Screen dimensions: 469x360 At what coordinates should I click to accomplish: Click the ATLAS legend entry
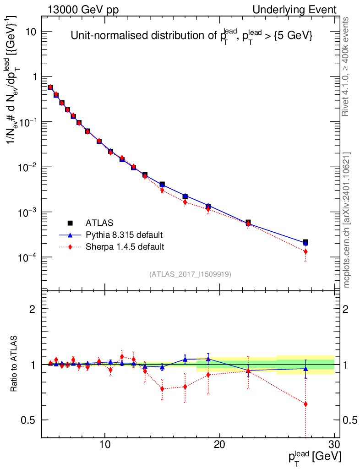[x=98, y=223]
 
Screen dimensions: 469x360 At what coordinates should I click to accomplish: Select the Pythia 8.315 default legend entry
[x=124, y=235]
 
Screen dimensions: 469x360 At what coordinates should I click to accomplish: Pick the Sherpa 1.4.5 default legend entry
[x=125, y=247]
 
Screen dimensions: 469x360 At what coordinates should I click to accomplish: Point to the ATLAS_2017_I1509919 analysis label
[x=190, y=274]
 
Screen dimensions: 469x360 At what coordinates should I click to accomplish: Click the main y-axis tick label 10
[x=31, y=32]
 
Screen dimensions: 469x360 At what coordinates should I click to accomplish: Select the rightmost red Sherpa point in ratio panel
[x=305, y=404]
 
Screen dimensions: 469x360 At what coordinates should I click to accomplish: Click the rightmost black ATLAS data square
[x=305, y=242]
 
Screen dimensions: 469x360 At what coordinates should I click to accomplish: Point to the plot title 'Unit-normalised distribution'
[x=191, y=36]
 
